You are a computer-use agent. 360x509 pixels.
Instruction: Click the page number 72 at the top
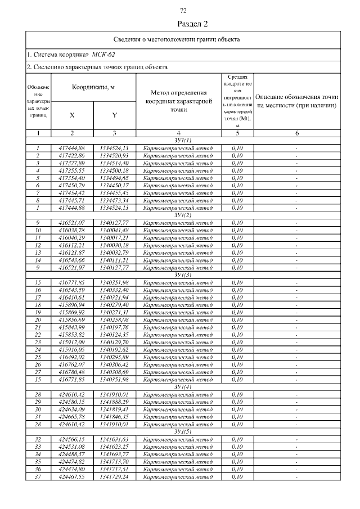[183, 10]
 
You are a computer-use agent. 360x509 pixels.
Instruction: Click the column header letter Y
[114, 115]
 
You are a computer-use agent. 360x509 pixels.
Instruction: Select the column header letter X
[72, 115]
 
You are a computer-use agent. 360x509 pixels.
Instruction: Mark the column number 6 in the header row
[296, 133]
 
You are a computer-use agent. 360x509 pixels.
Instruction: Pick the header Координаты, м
[93, 87]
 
